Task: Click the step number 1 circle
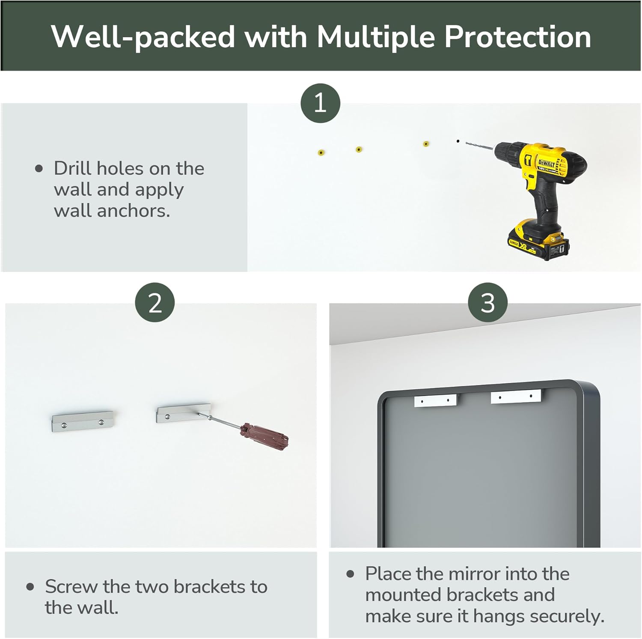tap(320, 103)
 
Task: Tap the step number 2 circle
tap(155, 302)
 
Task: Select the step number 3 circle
tap(488, 302)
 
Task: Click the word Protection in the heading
tap(518, 37)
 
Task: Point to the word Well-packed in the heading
tap(143, 38)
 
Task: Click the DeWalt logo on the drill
tap(547, 163)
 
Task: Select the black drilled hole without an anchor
tap(458, 141)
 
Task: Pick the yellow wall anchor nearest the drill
tap(426, 144)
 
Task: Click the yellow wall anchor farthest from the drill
tap(321, 152)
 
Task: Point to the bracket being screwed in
tap(183, 413)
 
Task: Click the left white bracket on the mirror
tap(435, 401)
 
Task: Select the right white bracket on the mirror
tap(516, 397)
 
